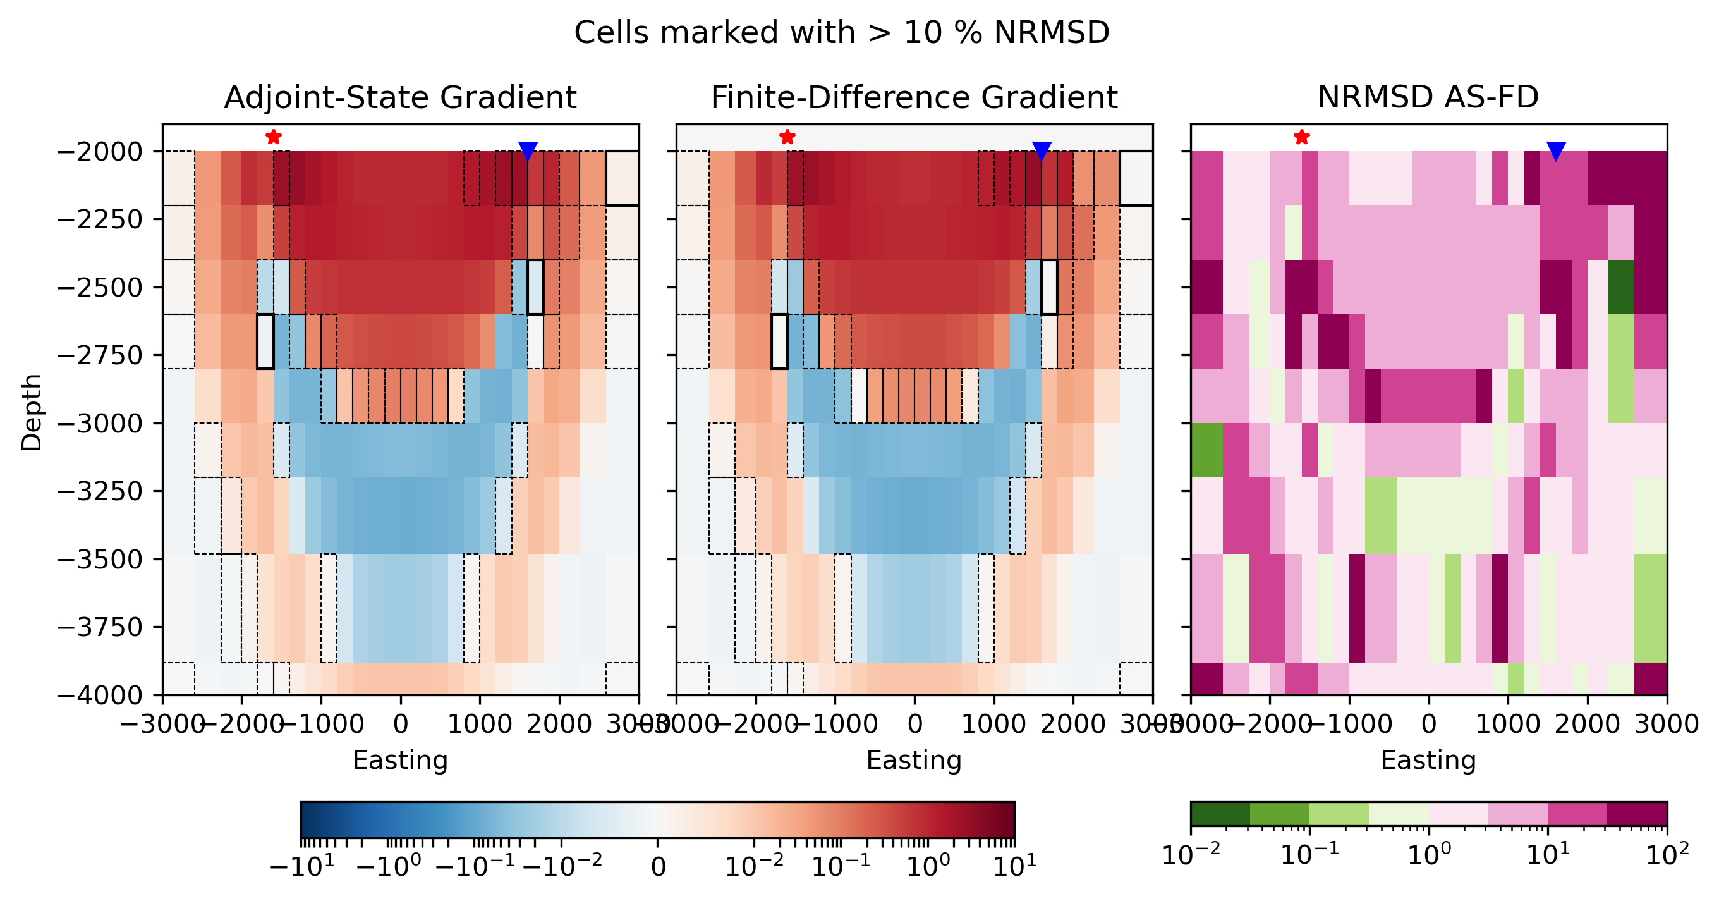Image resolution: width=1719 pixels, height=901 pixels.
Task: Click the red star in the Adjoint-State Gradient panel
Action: pyautogui.click(x=273, y=137)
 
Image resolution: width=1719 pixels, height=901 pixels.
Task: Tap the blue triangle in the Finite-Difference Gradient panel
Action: pyautogui.click(x=1041, y=151)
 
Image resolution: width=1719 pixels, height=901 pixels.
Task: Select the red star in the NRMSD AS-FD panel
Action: pyautogui.click(x=1301, y=137)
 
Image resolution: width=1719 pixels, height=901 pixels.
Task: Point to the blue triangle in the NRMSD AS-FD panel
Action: pyautogui.click(x=1555, y=151)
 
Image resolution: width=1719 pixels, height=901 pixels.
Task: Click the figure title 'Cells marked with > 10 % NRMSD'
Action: pyautogui.click(x=841, y=33)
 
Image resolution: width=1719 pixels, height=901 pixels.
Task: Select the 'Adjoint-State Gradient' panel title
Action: pyautogui.click(x=401, y=97)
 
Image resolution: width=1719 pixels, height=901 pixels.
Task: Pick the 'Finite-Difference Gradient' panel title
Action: pyautogui.click(x=914, y=97)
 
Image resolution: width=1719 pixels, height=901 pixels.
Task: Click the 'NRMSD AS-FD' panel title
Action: pyautogui.click(x=1428, y=97)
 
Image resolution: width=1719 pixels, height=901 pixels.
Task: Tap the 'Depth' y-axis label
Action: pyautogui.click(x=32, y=412)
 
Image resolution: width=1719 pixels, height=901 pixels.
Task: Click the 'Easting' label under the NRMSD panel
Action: pyautogui.click(x=1428, y=760)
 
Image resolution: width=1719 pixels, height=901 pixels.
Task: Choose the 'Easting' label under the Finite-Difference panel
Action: pyautogui.click(x=914, y=760)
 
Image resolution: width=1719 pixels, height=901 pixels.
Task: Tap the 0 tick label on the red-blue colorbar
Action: pyautogui.click(x=658, y=867)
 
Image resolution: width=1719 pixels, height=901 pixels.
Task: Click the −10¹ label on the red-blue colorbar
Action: pyautogui.click(x=301, y=867)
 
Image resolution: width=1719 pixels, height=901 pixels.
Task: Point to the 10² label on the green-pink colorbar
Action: pyautogui.click(x=1667, y=855)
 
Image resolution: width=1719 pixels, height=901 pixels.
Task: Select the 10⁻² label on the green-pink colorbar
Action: pyautogui.click(x=1192, y=855)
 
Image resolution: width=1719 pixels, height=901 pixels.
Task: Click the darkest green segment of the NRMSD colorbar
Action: pyautogui.click(x=1220, y=814)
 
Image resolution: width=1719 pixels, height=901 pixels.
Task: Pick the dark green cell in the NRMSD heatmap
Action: pyautogui.click(x=1621, y=287)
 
